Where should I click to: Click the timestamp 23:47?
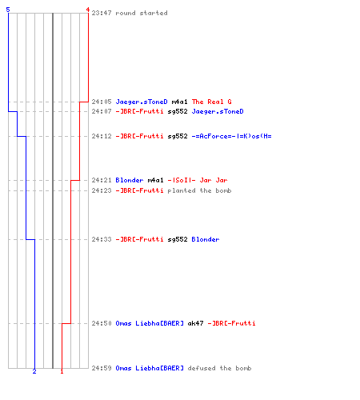click(102, 13)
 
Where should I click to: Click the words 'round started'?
click(142, 13)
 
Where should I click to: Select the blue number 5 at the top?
click(8, 10)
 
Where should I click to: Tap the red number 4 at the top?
click(88, 10)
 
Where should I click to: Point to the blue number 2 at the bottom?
click(34, 371)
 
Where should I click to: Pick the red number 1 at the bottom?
click(62, 371)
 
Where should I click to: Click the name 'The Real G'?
click(212, 102)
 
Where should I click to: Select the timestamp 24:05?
click(102, 102)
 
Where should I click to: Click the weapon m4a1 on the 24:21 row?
click(155, 180)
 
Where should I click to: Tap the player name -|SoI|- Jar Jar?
click(198, 180)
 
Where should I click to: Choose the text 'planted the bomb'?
click(199, 190)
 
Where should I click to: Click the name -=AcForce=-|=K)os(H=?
click(231, 136)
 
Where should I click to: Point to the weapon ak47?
click(195, 323)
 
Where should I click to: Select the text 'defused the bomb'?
click(219, 368)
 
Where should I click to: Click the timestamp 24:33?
click(102, 239)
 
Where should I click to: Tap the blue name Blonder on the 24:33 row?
click(206, 239)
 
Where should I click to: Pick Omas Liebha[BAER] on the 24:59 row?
click(150, 368)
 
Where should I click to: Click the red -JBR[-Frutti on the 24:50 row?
click(231, 323)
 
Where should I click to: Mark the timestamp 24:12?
click(102, 136)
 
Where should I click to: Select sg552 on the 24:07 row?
click(178, 111)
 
